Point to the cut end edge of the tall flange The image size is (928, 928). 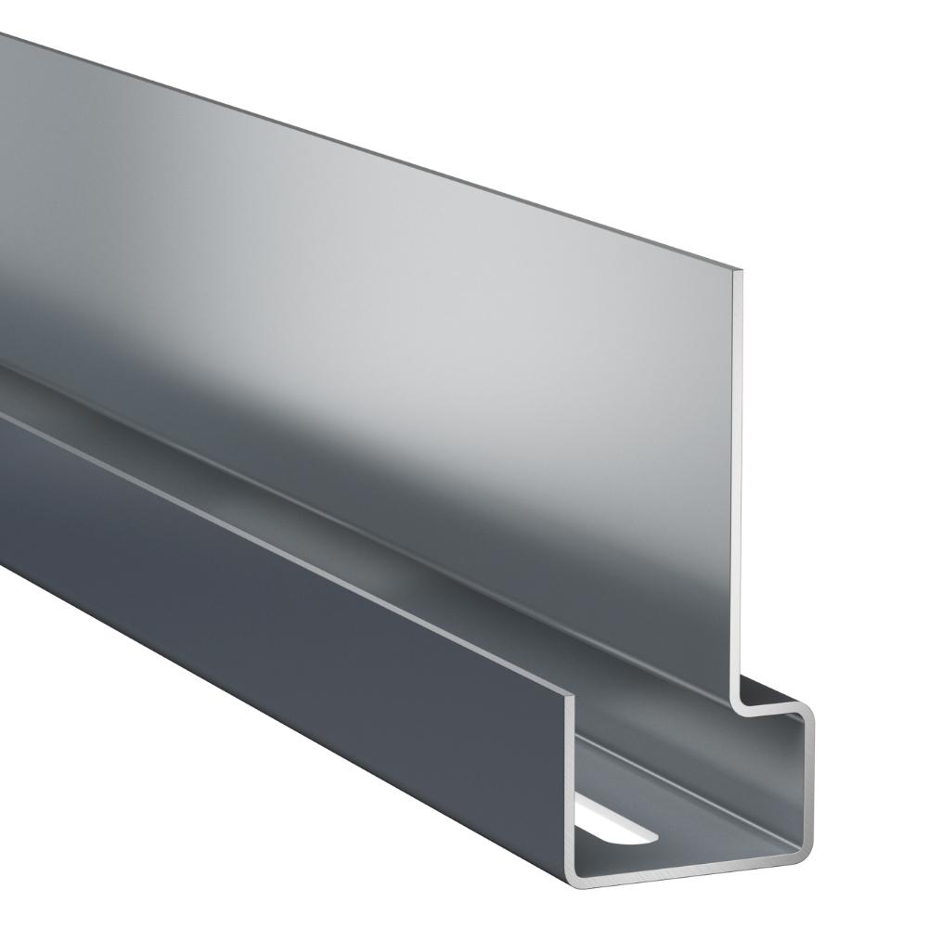[x=742, y=483]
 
